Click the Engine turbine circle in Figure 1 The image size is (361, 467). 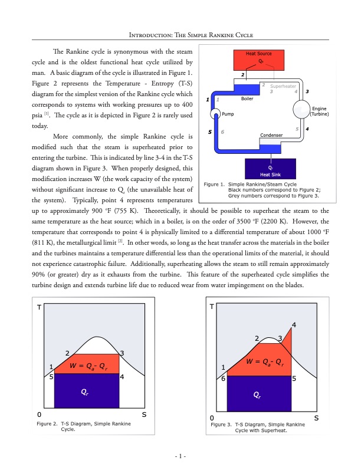[x=301, y=110]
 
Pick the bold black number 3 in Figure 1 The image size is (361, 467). [x=308, y=91]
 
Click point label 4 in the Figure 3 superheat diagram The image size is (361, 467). [x=294, y=325]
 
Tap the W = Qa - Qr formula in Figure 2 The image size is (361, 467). [x=88, y=366]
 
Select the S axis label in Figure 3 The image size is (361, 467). [x=316, y=418]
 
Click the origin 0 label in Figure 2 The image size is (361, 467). [x=39, y=415]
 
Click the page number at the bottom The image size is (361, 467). [x=180, y=455]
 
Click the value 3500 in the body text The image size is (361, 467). [x=228, y=221]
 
